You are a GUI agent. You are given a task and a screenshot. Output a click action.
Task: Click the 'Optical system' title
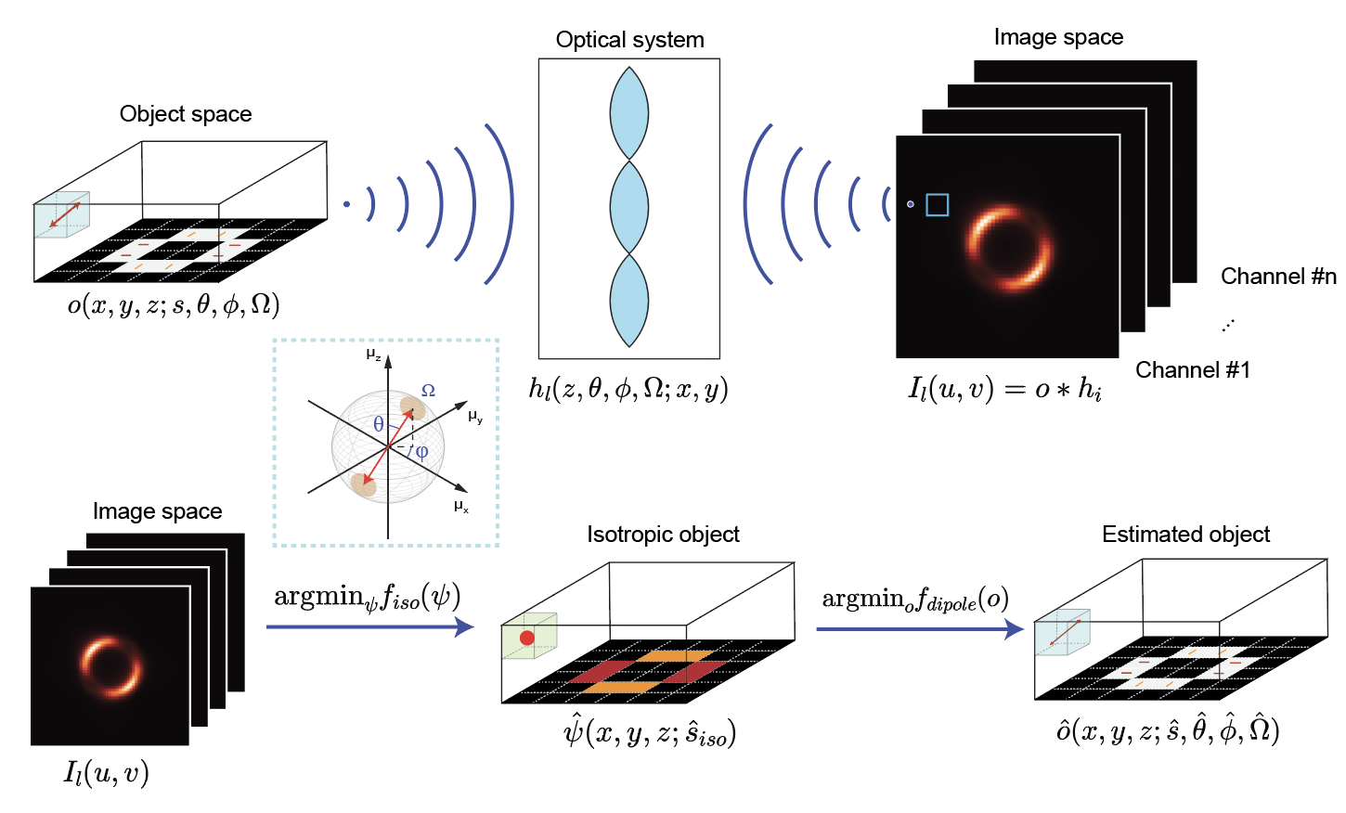coord(629,40)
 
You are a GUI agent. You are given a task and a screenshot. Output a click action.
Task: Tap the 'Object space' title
coord(186,114)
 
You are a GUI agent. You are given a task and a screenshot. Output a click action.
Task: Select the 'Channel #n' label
coord(1278,277)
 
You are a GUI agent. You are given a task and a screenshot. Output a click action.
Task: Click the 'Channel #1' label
coord(1193,370)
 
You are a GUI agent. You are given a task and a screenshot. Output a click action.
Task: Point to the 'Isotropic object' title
coord(663,535)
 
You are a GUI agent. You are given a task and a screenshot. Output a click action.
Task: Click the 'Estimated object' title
coord(1185,535)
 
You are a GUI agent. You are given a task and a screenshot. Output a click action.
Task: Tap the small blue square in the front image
coord(938,205)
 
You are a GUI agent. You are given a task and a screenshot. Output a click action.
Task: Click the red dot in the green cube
coord(527,638)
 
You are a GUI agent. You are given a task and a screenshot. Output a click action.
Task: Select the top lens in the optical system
coord(629,112)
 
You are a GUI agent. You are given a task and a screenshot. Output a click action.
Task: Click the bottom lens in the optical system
coord(629,300)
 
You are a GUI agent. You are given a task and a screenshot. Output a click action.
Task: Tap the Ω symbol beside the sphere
coord(428,391)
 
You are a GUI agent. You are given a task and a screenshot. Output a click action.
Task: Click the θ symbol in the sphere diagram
coord(379,424)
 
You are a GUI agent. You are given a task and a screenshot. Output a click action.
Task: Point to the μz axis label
coord(373,355)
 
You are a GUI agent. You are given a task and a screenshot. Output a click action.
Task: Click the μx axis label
coord(461,507)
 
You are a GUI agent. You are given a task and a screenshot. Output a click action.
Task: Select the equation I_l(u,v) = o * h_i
coord(1004,389)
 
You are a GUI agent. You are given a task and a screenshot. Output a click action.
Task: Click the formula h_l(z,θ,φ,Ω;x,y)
coord(628,389)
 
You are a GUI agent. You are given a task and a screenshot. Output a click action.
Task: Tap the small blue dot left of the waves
coord(346,204)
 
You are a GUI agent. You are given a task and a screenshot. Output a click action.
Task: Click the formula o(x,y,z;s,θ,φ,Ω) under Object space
coord(174,305)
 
